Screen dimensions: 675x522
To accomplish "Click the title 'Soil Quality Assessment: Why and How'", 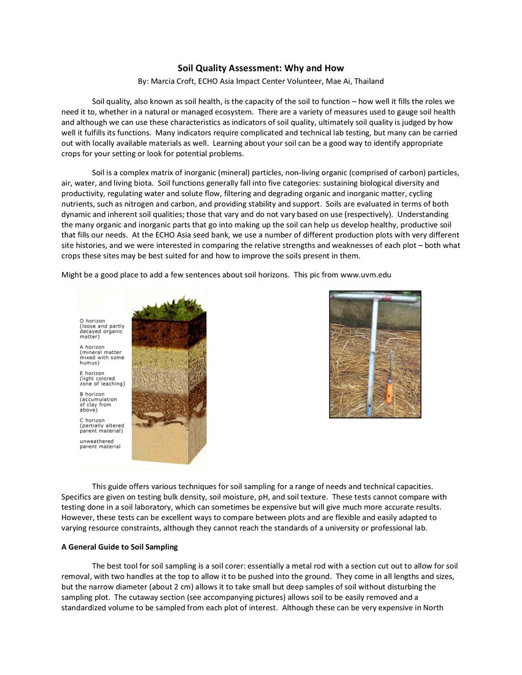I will (x=260, y=68).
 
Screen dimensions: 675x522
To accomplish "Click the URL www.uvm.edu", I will (x=366, y=275).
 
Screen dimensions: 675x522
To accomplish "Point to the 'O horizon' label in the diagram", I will (x=92, y=321).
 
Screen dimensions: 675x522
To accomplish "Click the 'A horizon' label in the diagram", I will (x=92, y=347).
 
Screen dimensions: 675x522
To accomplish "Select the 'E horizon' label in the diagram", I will (x=92, y=373).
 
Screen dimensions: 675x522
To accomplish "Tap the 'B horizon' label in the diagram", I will (x=92, y=394).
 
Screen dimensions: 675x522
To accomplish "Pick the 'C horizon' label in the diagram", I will (x=92, y=421).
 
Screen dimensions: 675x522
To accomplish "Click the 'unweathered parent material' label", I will (x=100, y=444).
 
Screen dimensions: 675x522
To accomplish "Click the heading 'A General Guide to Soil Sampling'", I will (x=119, y=547).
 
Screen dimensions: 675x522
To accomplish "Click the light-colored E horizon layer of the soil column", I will (x=168, y=377).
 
